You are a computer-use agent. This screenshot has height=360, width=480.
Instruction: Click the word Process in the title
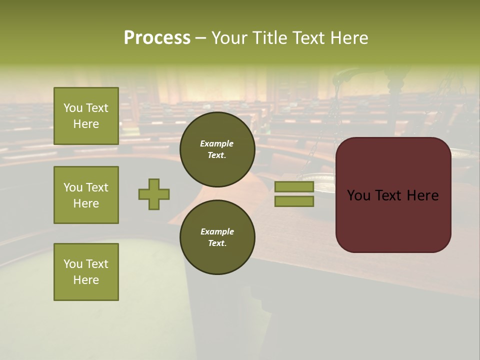pos(157,37)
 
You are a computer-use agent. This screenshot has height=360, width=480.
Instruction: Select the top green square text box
pos(86,116)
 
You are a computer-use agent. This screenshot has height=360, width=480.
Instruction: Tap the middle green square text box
pos(86,195)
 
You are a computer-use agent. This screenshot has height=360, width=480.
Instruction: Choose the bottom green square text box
pos(86,272)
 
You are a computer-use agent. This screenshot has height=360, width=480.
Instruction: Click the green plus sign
pos(154,194)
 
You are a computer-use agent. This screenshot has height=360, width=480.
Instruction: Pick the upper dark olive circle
pos(217,149)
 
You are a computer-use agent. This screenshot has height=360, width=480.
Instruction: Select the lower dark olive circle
pos(217,237)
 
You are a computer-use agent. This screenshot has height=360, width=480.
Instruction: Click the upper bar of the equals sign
pos(294,187)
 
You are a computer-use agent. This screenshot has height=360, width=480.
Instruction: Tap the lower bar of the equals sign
pos(294,201)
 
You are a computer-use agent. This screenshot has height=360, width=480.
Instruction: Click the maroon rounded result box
pos(393,220)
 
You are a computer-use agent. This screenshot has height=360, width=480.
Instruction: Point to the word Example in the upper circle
pos(217,143)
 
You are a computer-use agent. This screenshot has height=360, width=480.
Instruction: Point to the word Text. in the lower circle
pos(217,243)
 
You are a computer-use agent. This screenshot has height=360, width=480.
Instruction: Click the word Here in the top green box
pos(86,124)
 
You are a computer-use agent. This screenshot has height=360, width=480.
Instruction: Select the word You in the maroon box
pos(358,195)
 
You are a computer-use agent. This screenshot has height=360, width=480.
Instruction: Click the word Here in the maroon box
pos(422,195)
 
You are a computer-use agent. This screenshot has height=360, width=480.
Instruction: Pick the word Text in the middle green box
pos(97,187)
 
